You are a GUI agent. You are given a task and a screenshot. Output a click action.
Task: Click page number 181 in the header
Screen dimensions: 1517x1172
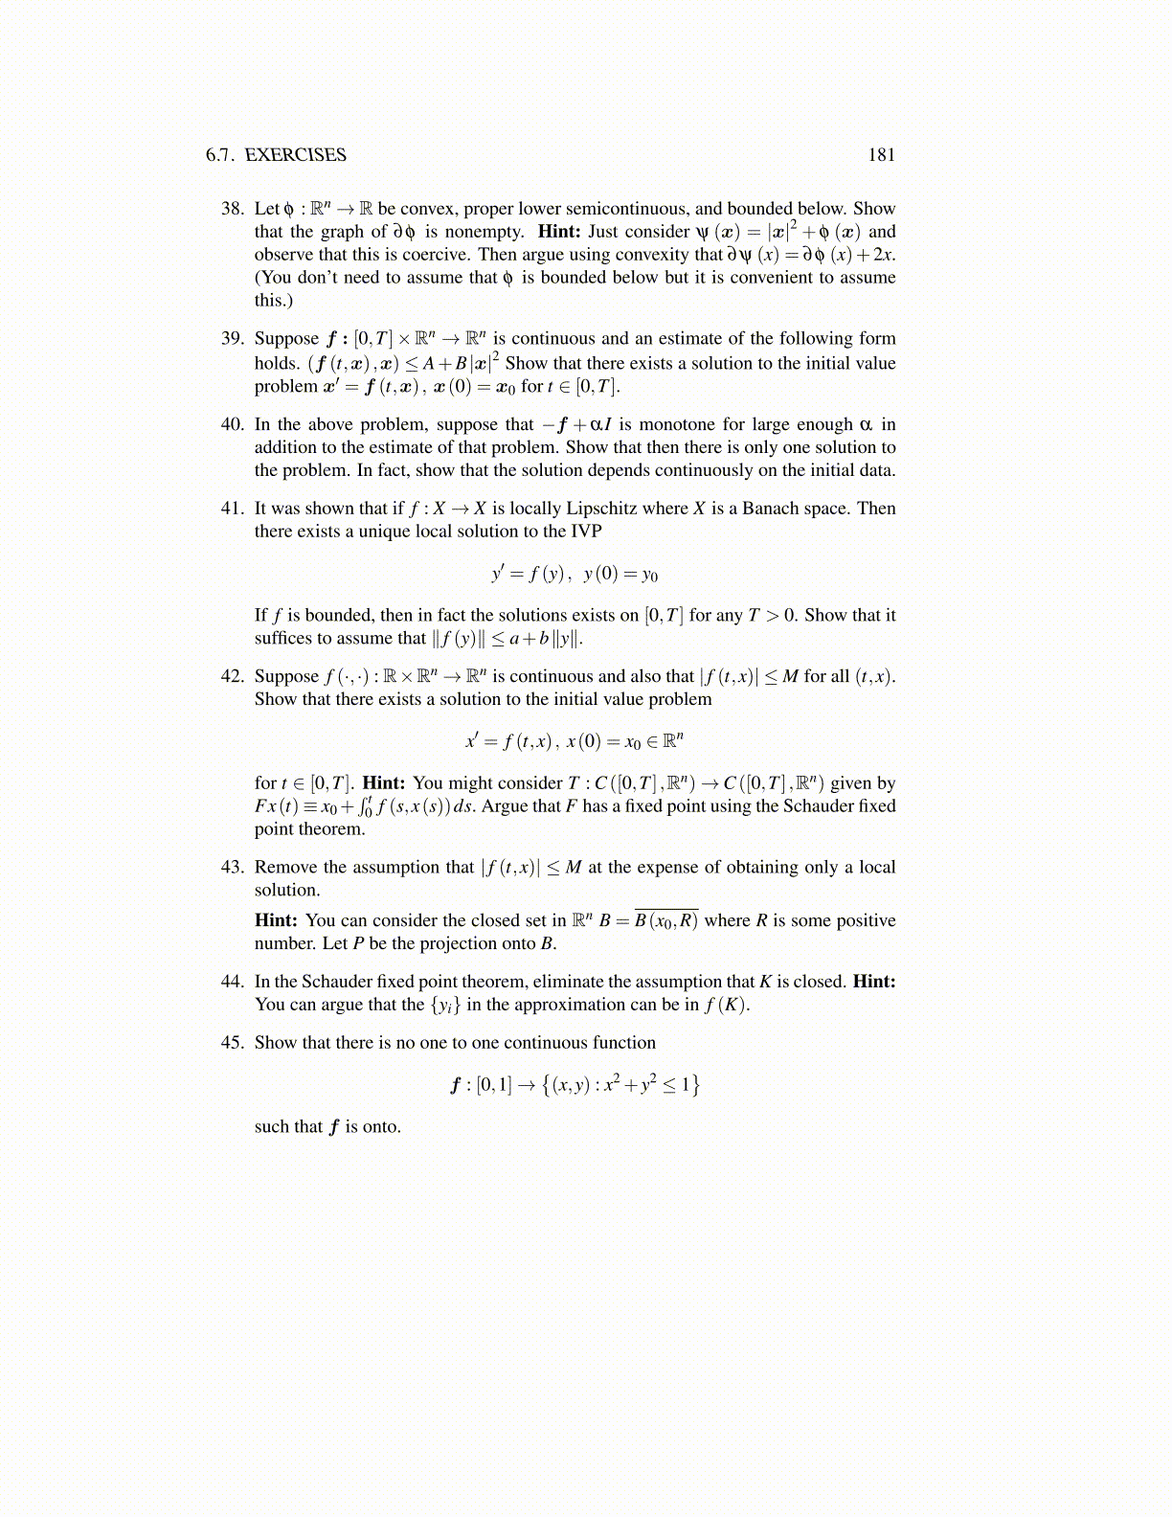881,155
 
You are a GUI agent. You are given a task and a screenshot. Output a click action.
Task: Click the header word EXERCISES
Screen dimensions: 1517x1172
296,155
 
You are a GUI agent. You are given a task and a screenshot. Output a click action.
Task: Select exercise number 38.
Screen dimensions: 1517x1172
233,209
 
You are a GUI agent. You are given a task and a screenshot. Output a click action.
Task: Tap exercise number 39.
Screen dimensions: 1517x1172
233,339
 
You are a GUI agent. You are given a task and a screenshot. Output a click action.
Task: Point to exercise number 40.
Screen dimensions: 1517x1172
233,424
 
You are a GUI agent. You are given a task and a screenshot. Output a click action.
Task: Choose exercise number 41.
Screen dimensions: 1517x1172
233,509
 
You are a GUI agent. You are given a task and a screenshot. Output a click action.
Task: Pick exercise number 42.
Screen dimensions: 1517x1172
233,676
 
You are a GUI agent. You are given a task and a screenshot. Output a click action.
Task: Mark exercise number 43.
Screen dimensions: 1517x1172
233,868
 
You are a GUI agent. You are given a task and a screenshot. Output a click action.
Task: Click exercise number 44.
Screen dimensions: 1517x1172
233,982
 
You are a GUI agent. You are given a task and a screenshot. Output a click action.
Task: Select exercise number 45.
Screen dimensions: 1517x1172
233,1043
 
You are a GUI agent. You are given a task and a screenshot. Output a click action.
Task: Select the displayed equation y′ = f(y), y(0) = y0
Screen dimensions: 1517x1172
575,575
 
